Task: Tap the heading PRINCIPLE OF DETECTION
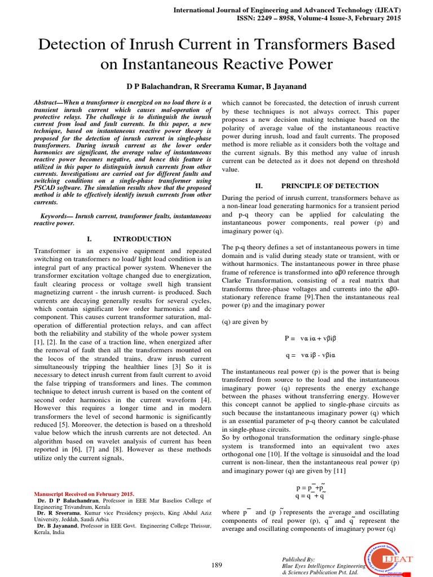point(330,185)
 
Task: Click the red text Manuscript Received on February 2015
point(85,494)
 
